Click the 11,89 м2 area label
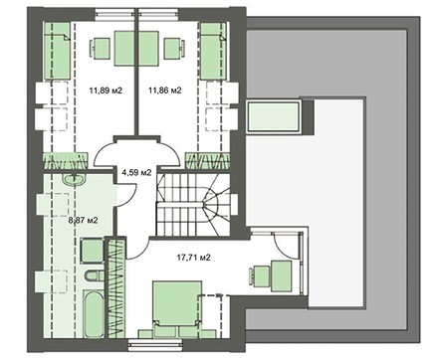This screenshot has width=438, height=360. [106, 90]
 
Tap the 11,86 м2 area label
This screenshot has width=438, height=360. [165, 90]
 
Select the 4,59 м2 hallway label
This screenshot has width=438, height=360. [136, 172]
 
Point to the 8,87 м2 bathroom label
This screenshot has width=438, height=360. [83, 220]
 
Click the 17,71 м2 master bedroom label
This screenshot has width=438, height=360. [193, 258]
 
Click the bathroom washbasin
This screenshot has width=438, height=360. [75, 179]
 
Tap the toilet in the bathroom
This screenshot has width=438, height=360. [94, 275]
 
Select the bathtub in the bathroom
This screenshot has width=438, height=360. [94, 313]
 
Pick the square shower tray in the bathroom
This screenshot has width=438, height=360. [92, 251]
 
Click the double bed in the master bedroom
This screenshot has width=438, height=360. [177, 305]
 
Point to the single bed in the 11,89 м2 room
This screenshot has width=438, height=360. [57, 51]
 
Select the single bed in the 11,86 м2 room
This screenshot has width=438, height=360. [213, 51]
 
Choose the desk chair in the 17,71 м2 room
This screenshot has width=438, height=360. [260, 277]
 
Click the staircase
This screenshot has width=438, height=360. [194, 205]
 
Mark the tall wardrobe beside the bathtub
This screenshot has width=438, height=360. [116, 287]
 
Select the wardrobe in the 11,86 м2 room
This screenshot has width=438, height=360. [208, 161]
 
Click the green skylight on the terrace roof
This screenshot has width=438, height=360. [274, 115]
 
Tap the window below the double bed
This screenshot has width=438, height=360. [153, 344]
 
